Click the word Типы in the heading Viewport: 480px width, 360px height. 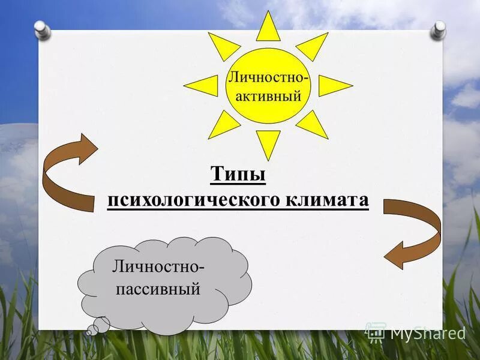click(x=238, y=176)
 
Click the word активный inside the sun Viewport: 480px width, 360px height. click(x=269, y=95)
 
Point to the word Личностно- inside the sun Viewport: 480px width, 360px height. click(x=268, y=78)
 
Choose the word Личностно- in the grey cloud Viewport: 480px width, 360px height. click(x=158, y=265)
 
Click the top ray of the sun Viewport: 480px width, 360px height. click(x=268, y=28)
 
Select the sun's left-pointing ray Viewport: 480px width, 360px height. click(x=203, y=86)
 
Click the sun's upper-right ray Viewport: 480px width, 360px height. click(x=313, y=45)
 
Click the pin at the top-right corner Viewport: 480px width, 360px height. click(x=440, y=29)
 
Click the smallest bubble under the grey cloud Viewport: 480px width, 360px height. click(x=89, y=330)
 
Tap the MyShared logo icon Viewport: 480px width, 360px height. click(x=375, y=331)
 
